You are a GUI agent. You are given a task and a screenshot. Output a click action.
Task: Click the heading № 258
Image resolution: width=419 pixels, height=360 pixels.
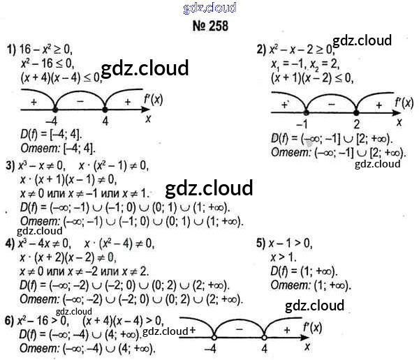[x=209, y=26]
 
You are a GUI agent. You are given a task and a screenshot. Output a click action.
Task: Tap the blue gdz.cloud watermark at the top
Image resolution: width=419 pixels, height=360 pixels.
[x=209, y=8]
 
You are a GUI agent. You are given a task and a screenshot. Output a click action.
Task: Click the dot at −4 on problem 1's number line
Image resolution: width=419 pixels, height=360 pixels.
[x=55, y=109]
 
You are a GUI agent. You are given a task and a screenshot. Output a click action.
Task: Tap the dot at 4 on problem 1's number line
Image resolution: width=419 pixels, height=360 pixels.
[x=105, y=109]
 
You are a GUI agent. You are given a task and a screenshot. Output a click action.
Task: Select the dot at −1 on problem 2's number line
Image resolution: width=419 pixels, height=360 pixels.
[x=305, y=112]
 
